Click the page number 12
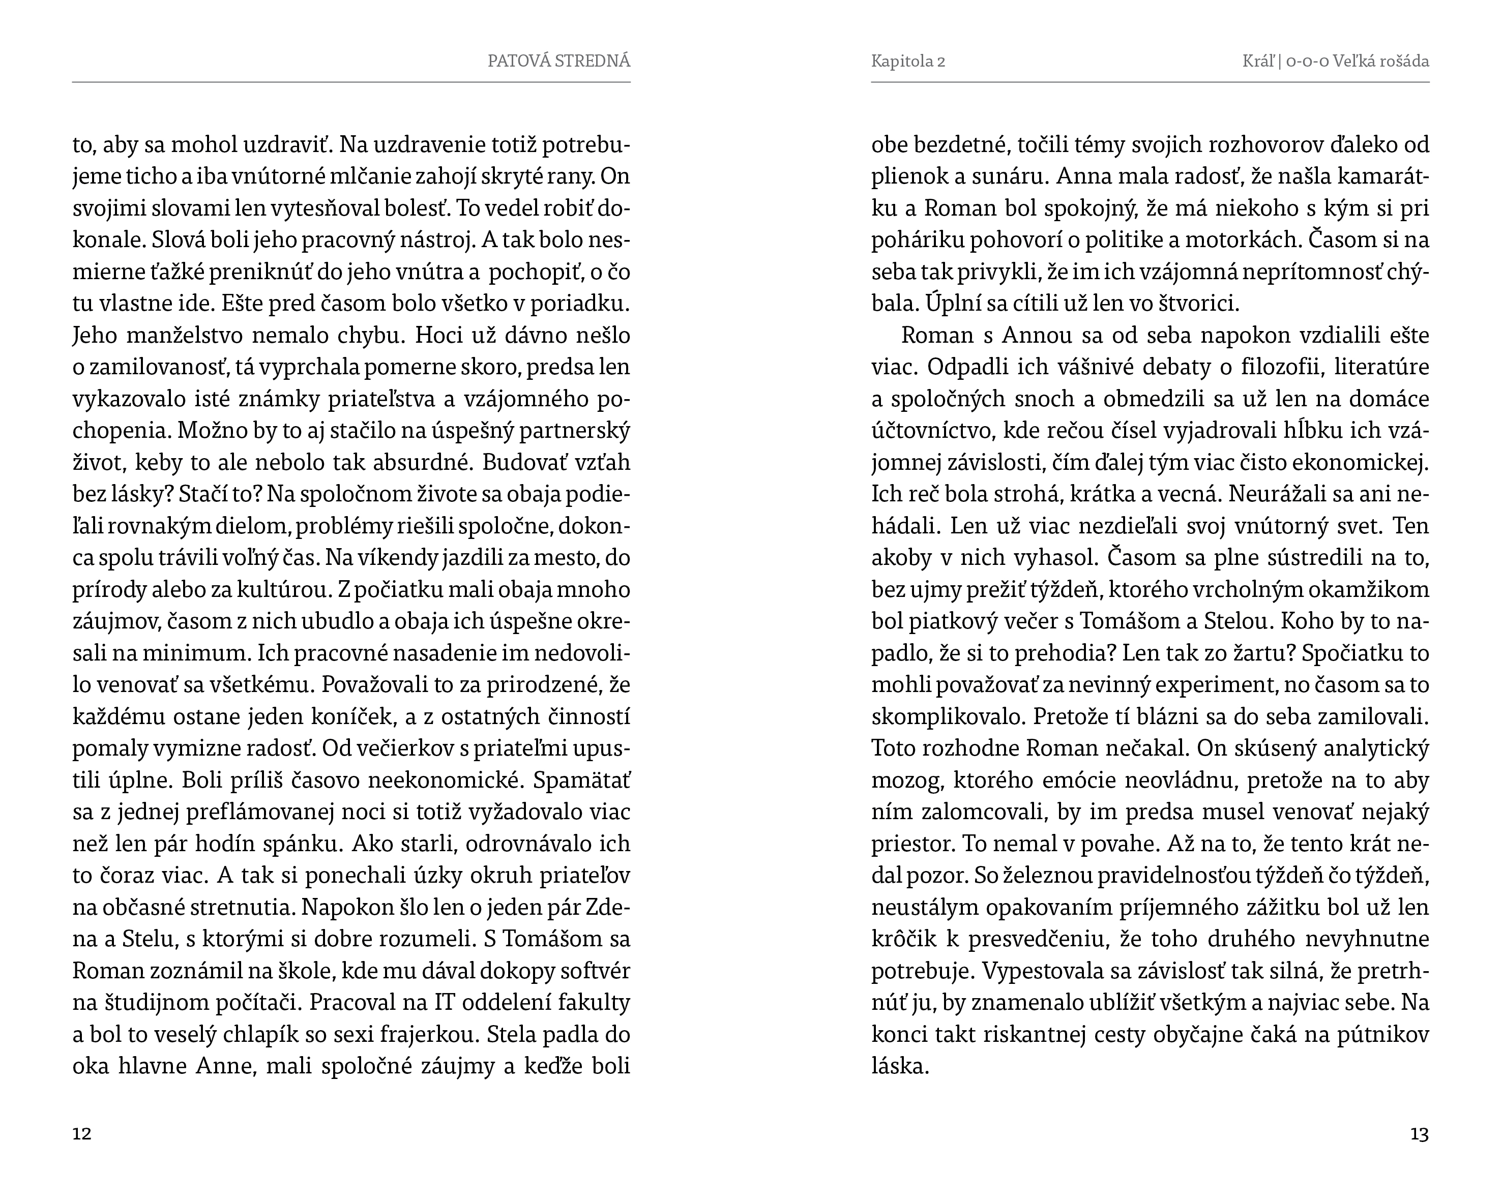[82, 1133]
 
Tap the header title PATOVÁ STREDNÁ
[558, 61]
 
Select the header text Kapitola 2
[908, 61]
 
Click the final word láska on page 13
[900, 1066]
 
